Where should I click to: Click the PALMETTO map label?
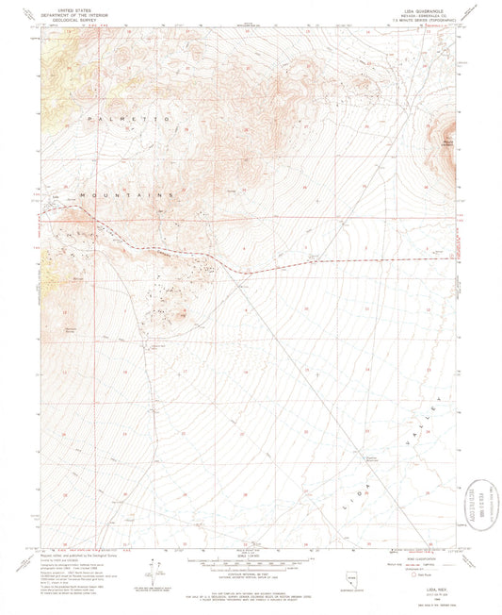(128, 120)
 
